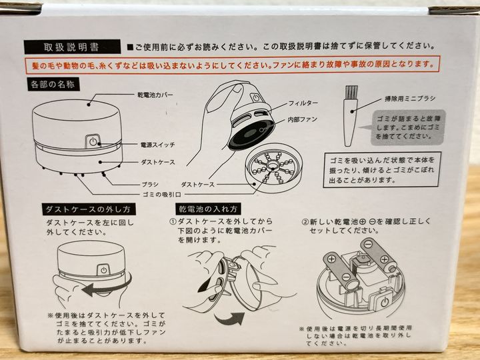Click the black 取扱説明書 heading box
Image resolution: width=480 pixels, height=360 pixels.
coord(72,47)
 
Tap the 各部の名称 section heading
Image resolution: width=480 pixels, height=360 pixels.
coord(53,84)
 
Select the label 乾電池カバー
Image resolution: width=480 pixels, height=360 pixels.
coord(155,95)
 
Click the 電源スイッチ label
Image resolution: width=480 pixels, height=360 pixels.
coord(157,145)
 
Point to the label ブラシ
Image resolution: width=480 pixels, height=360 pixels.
coord(150,184)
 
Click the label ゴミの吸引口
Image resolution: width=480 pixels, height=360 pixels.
coord(161,195)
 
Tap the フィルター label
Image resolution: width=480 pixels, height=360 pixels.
coord(303,103)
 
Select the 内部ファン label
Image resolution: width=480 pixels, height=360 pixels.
coord(302,119)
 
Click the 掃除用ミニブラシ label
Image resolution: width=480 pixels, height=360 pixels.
coord(410,99)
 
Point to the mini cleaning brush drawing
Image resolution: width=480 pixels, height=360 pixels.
coord(351,116)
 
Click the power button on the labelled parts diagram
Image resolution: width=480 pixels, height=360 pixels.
coord(93,142)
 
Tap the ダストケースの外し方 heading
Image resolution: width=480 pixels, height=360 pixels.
coord(89,209)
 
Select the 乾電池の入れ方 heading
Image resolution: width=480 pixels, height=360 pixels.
coord(208,209)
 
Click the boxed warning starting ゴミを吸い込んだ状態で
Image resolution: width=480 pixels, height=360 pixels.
coord(383,169)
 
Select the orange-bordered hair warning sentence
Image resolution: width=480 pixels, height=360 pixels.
coord(233,65)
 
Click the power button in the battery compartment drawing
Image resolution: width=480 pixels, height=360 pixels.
coord(385,302)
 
